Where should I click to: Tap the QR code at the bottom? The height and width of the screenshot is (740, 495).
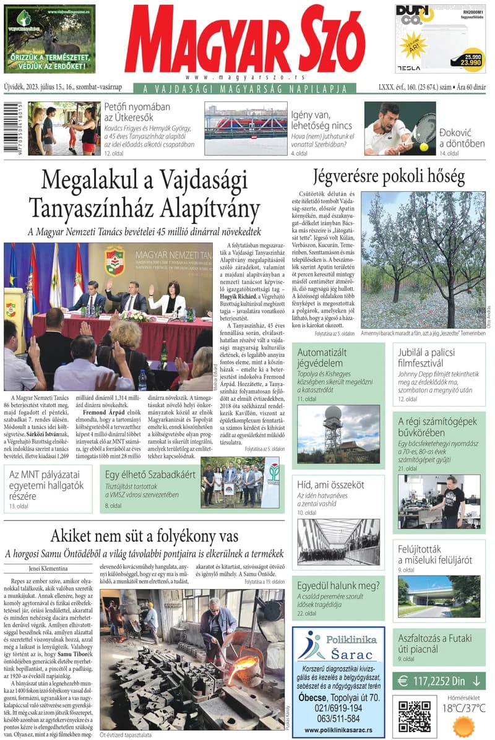pos(414,715)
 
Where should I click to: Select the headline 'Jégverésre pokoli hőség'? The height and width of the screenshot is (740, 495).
pos(389,177)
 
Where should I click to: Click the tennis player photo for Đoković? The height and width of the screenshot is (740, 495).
pos(399,128)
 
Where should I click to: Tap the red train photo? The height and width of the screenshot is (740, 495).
pos(246,128)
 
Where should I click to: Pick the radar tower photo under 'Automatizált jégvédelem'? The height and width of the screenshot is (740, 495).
pos(338,433)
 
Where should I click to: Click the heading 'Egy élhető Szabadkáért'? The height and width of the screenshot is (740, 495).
pos(150,475)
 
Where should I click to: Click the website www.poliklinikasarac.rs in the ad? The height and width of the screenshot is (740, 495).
pos(338,730)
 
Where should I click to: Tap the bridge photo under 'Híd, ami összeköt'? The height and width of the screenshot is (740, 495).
pos(338,542)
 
